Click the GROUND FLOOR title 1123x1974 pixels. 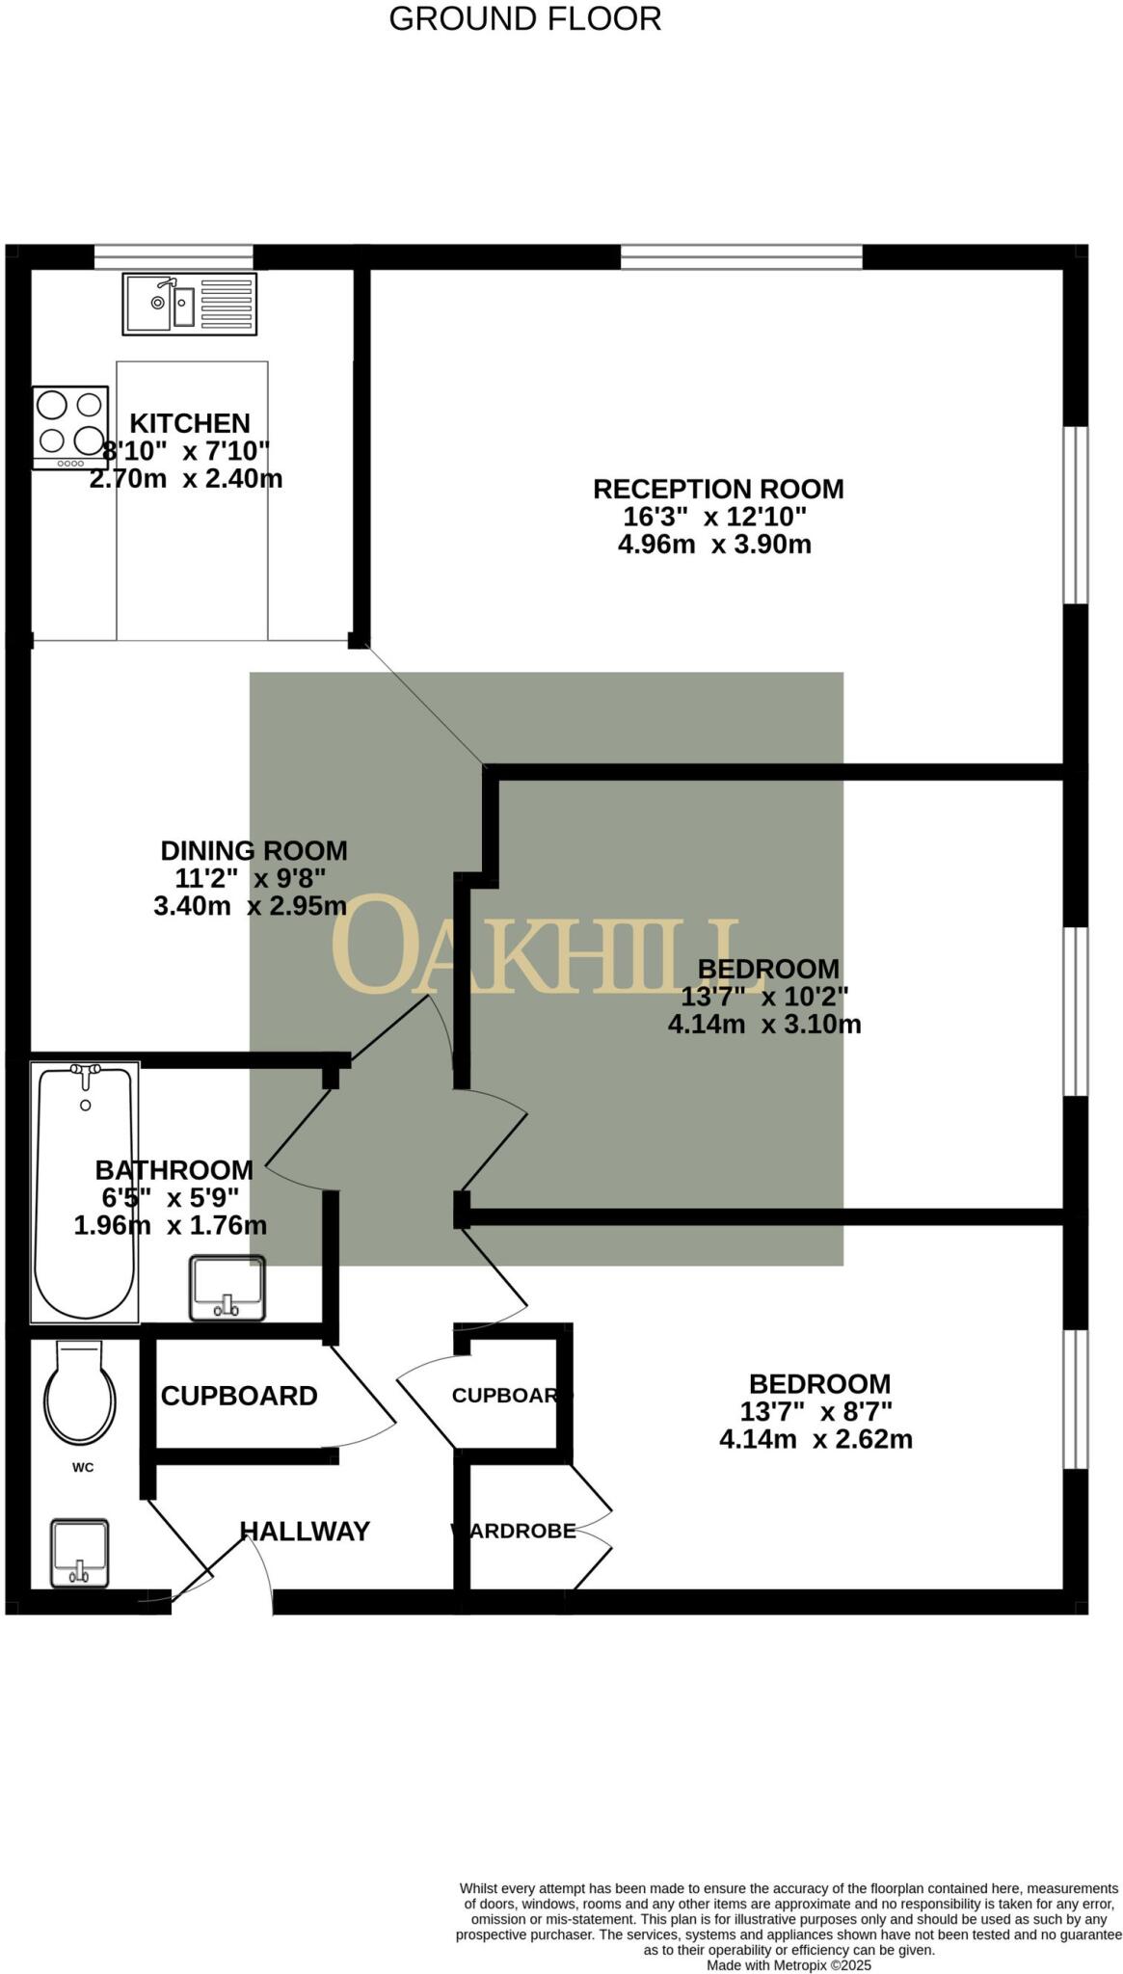click(x=524, y=18)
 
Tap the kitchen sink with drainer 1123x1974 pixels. click(x=189, y=304)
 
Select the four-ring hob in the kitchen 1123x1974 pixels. click(x=69, y=425)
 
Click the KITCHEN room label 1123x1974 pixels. click(x=190, y=423)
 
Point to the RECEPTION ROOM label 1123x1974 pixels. click(x=718, y=490)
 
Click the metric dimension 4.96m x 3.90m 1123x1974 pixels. click(x=714, y=545)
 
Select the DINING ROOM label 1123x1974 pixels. click(x=254, y=851)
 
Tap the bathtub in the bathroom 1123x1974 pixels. click(x=85, y=1191)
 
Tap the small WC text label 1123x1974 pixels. click(x=83, y=1468)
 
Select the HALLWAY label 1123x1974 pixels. click(x=305, y=1532)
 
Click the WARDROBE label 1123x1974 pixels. click(x=514, y=1531)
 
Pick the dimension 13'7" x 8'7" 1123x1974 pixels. click(x=816, y=1412)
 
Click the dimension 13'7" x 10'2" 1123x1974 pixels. click(x=764, y=996)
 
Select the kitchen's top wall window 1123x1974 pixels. click(x=174, y=256)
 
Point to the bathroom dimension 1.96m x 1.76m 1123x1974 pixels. click(x=171, y=1226)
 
